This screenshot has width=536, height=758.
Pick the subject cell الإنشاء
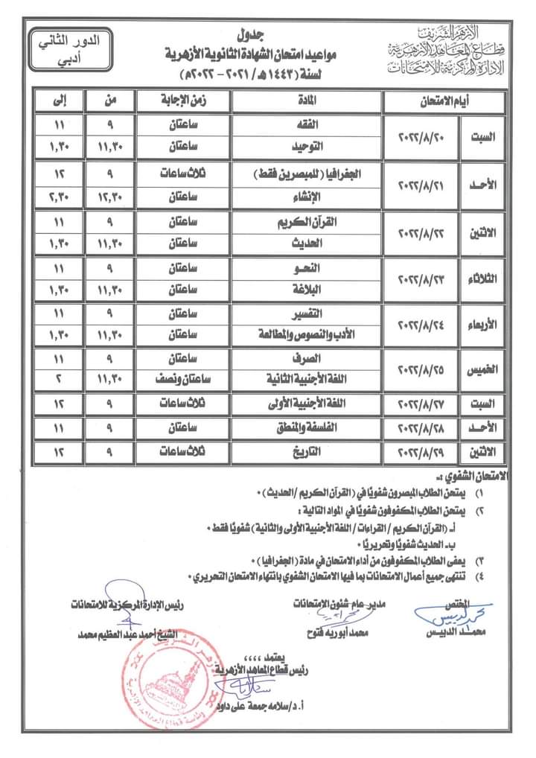pyautogui.click(x=307, y=196)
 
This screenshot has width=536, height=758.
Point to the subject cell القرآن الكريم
pyautogui.click(x=307, y=223)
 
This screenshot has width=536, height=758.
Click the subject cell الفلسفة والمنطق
pyautogui.click(x=307, y=428)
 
